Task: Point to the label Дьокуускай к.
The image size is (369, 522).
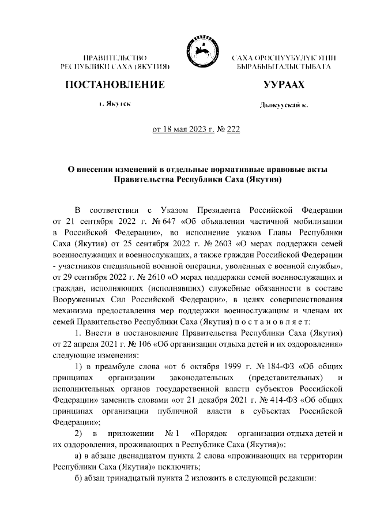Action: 283,106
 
